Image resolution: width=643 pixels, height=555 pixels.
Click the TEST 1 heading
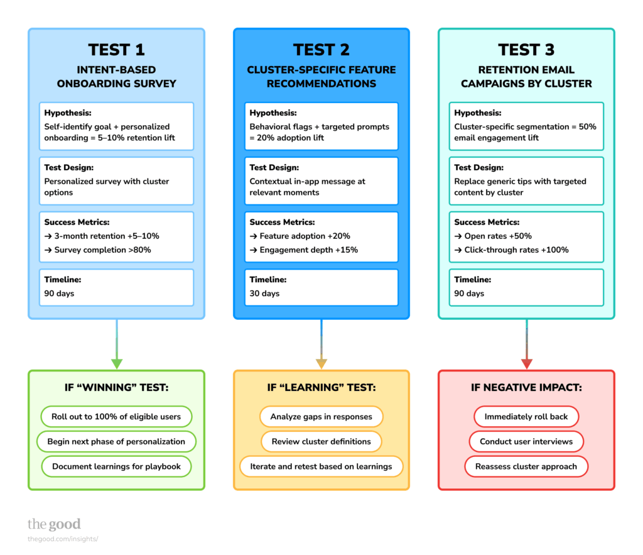click(x=116, y=50)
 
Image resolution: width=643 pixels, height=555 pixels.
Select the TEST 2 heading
click(x=321, y=50)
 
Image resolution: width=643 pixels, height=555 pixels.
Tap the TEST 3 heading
click(x=526, y=50)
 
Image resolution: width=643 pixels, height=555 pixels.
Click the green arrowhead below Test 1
click(x=116, y=363)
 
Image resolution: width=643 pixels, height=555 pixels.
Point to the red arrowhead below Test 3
click(x=526, y=363)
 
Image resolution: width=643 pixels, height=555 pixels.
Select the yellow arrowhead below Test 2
click(x=321, y=363)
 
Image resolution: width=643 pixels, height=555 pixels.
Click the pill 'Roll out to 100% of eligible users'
click(x=116, y=417)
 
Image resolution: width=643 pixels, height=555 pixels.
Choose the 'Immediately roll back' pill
click(x=526, y=417)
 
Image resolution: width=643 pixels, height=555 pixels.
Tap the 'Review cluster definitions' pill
click(x=321, y=441)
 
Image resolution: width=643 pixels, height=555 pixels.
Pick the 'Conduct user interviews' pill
click(x=526, y=441)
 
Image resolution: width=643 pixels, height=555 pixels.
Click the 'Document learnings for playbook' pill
click(x=116, y=466)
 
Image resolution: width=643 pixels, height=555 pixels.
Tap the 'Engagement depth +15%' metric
click(x=303, y=250)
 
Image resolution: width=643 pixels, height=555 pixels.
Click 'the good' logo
click(x=54, y=524)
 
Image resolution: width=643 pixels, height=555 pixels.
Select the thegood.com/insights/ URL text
click(x=63, y=539)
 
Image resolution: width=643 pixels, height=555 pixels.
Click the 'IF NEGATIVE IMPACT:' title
click(x=526, y=388)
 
